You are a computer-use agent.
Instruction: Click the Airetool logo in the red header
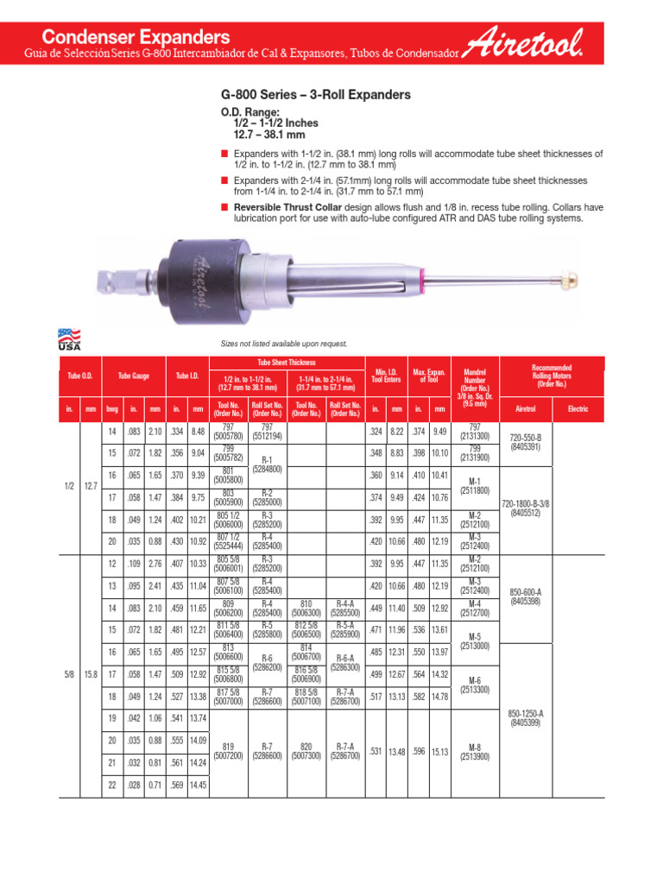click(524, 43)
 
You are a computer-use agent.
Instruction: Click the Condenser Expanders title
click(136, 37)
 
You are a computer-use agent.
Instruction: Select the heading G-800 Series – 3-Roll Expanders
click(316, 95)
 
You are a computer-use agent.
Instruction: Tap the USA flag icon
click(68, 336)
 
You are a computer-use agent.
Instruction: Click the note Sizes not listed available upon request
click(279, 344)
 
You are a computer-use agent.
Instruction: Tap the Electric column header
click(578, 408)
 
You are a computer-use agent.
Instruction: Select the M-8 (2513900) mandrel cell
click(476, 751)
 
